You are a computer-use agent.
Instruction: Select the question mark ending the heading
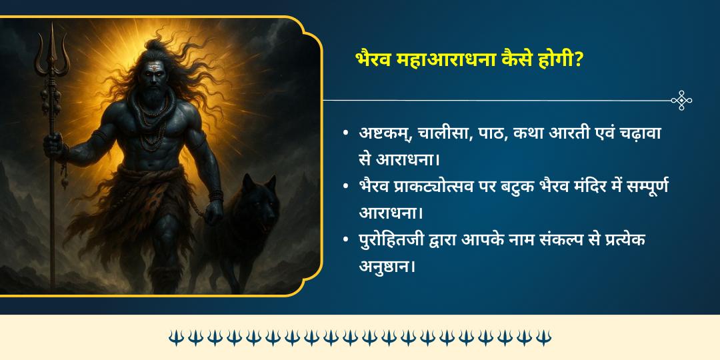[579, 59]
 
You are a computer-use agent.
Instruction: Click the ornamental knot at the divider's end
[681, 101]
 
